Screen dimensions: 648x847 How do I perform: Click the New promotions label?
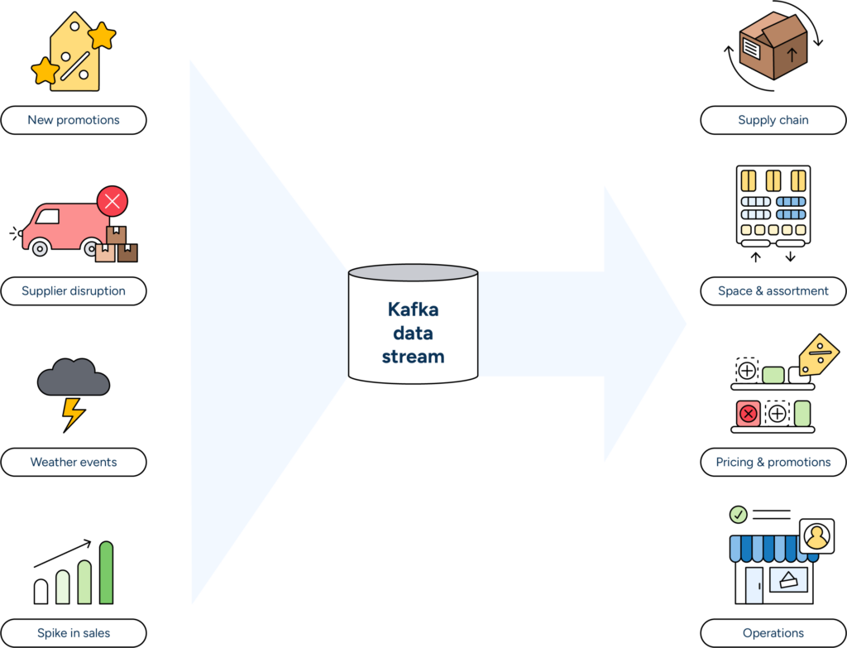(74, 120)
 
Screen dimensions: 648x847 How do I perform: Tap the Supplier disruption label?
(74, 291)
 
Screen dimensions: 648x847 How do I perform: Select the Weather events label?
(74, 462)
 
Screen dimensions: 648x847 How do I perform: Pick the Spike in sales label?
(74, 633)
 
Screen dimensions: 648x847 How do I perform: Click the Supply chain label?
(773, 120)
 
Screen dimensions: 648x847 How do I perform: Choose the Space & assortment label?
(773, 291)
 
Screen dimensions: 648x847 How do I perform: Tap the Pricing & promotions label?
(773, 462)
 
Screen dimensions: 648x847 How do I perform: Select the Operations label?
(773, 633)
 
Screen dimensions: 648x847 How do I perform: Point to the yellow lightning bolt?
(74, 412)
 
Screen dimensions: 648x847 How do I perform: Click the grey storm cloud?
(74, 379)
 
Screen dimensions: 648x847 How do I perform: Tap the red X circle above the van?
(112, 201)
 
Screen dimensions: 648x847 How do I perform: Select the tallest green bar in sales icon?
(106, 573)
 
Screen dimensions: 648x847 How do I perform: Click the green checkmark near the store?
(739, 515)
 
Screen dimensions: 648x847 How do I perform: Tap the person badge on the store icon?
(816, 536)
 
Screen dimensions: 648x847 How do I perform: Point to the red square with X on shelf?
(749, 414)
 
